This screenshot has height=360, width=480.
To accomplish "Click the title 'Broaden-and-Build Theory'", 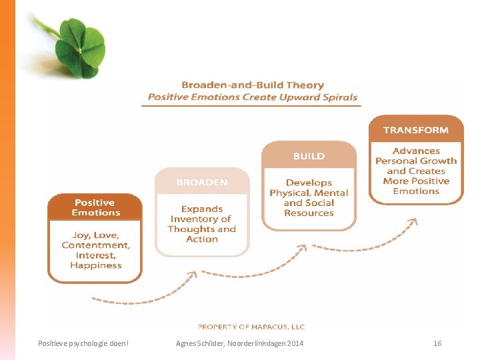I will [x=253, y=85].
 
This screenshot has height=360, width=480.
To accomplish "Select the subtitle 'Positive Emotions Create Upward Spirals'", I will [x=253, y=97].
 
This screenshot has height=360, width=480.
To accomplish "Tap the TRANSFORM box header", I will [x=416, y=130].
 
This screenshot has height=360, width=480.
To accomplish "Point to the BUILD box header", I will [x=309, y=156].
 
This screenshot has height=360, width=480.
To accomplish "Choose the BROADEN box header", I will [x=202, y=182].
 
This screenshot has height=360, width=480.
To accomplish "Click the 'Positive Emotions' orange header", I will [x=95, y=207].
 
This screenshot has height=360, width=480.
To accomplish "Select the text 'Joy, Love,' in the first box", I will [x=95, y=235].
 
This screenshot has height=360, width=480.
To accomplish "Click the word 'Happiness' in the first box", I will [x=95, y=265].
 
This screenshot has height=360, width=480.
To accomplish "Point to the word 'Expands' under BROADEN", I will [x=202, y=209].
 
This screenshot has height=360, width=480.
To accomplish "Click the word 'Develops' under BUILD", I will [x=309, y=183].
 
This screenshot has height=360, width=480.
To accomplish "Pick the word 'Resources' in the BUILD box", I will [x=309, y=213].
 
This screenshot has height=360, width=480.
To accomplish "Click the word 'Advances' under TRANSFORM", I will [x=416, y=151].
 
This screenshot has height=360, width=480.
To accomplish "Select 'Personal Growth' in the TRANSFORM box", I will [x=416, y=161].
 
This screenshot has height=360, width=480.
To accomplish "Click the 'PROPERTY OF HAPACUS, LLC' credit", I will [x=251, y=327].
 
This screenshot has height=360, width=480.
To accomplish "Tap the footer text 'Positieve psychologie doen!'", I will [x=84, y=343].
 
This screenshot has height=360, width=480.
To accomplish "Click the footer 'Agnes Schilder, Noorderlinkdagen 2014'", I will [x=239, y=343].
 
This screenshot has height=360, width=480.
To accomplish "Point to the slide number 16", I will [x=437, y=343].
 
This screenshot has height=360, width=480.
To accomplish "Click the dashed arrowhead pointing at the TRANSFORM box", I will [x=413, y=222].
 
